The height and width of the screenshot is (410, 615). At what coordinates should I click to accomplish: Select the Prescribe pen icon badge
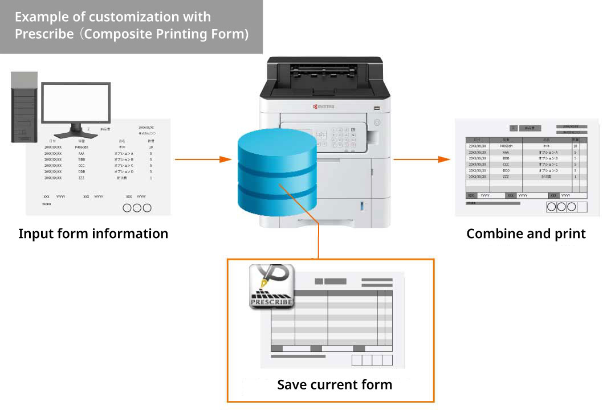271,286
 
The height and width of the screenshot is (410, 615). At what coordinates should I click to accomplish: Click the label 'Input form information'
93,233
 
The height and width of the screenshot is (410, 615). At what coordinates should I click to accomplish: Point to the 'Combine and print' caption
526,233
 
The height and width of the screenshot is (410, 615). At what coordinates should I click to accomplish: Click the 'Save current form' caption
335,384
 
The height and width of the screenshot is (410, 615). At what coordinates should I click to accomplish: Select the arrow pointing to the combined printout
418,159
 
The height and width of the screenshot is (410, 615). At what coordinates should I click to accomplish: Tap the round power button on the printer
376,122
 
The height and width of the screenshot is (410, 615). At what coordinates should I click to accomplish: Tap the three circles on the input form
137,208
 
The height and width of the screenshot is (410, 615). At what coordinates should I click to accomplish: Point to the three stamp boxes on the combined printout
562,207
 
